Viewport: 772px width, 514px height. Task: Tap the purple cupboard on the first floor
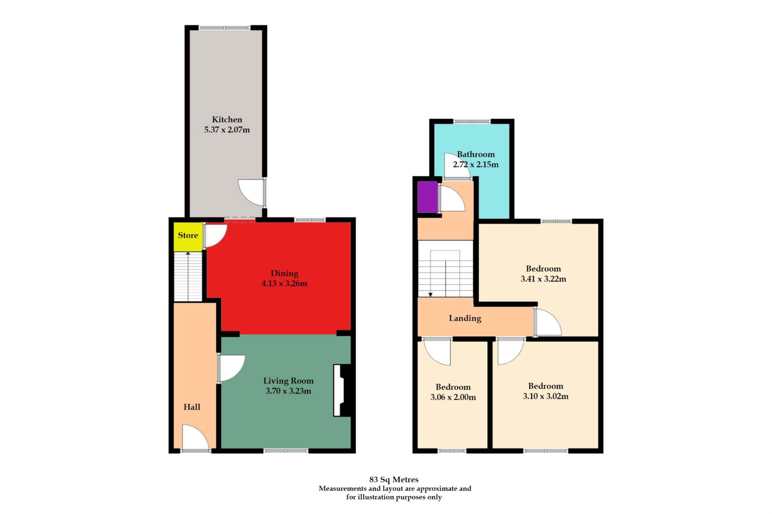coord(427,197)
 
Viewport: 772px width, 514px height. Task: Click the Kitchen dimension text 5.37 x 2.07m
coord(227,130)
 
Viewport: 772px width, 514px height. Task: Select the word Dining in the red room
coord(284,273)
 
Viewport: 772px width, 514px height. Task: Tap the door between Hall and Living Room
coord(230,367)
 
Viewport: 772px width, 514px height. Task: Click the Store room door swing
coord(215,235)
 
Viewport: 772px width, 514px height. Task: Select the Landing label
coord(465,318)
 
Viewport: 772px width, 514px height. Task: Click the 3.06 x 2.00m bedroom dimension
coord(453,398)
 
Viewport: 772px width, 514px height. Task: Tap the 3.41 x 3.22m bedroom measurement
coord(543,279)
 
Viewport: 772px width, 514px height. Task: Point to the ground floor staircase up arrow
coord(188,253)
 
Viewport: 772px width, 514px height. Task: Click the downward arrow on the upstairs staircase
coord(430,294)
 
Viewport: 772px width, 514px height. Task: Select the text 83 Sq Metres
coord(394,479)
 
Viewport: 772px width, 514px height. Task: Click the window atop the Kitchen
coord(225,28)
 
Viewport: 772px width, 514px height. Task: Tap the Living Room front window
coord(286,451)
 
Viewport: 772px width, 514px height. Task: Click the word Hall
coord(192,407)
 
